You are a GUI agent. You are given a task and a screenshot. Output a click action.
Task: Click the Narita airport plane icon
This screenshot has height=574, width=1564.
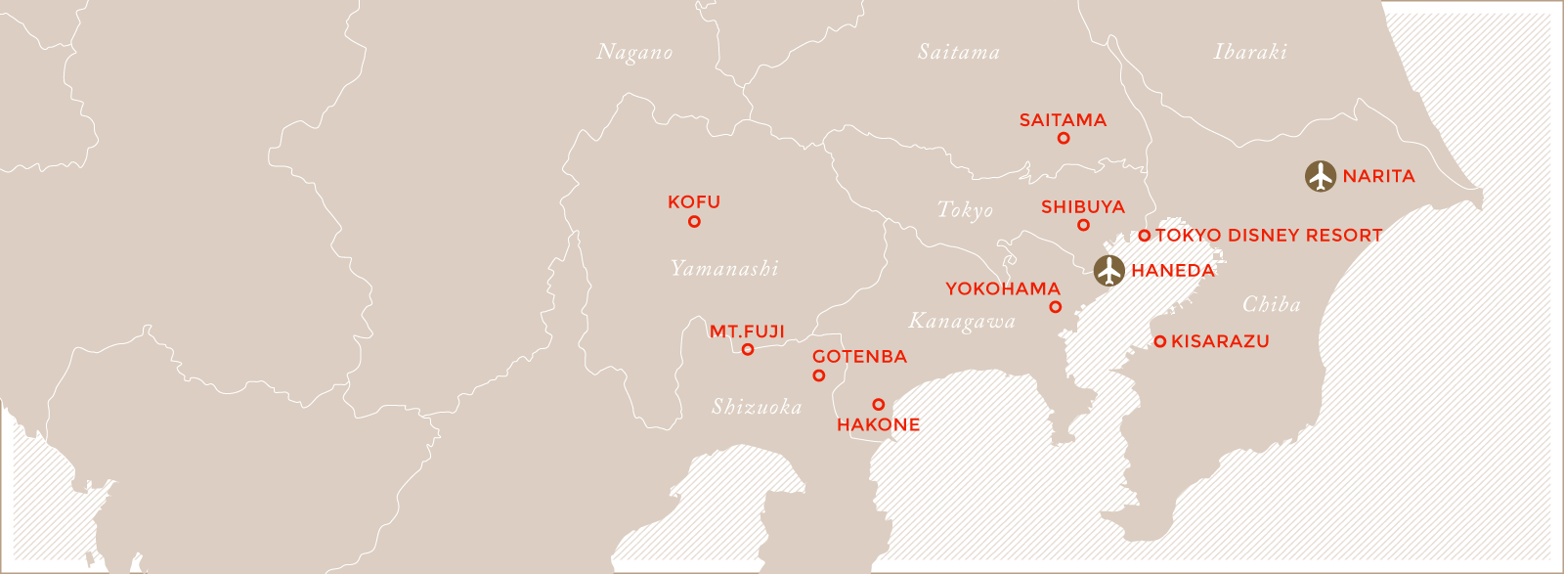tap(1321, 177)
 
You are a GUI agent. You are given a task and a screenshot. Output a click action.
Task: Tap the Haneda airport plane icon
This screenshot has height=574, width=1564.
tap(1108, 270)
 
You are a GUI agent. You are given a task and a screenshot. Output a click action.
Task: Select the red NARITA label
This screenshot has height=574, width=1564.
tap(1378, 177)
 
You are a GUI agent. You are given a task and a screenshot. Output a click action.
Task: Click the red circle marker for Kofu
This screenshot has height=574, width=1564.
tap(694, 222)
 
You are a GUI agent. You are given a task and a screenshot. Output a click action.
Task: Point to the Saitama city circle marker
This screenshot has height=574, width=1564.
tap(1064, 139)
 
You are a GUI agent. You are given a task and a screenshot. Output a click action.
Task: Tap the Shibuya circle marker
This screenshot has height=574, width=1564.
tap(1083, 225)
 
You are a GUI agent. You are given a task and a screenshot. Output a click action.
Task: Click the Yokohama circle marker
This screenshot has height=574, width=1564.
tap(1055, 307)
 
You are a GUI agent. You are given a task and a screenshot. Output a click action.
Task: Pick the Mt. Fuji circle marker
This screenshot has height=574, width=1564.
tap(748, 349)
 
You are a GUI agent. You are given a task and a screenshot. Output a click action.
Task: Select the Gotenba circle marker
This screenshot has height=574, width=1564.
tap(819, 375)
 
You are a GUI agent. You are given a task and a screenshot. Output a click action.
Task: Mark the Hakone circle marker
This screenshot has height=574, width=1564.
tap(879, 405)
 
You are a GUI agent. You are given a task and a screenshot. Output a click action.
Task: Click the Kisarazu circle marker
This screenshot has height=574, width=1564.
tap(1159, 342)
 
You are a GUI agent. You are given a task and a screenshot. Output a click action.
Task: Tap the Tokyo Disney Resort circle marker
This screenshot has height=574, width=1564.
tap(1145, 236)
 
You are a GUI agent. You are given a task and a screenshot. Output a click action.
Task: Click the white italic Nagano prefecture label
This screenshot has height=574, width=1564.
tap(634, 53)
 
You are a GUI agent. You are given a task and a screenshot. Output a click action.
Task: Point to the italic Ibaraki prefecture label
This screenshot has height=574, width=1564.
tap(1250, 52)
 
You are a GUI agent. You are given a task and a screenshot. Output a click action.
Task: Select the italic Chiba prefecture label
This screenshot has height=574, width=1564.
tap(1271, 305)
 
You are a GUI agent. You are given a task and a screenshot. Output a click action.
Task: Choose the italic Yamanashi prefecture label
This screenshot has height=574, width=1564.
tap(724, 269)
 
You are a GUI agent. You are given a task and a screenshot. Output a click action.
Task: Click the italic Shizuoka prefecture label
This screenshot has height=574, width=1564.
tap(757, 407)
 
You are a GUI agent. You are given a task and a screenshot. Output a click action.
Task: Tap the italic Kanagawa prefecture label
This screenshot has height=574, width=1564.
tap(962, 322)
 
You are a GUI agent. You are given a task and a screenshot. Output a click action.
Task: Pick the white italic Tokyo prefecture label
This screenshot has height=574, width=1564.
tap(965, 210)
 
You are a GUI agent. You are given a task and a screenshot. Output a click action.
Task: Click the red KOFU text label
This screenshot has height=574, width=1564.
tap(694, 202)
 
